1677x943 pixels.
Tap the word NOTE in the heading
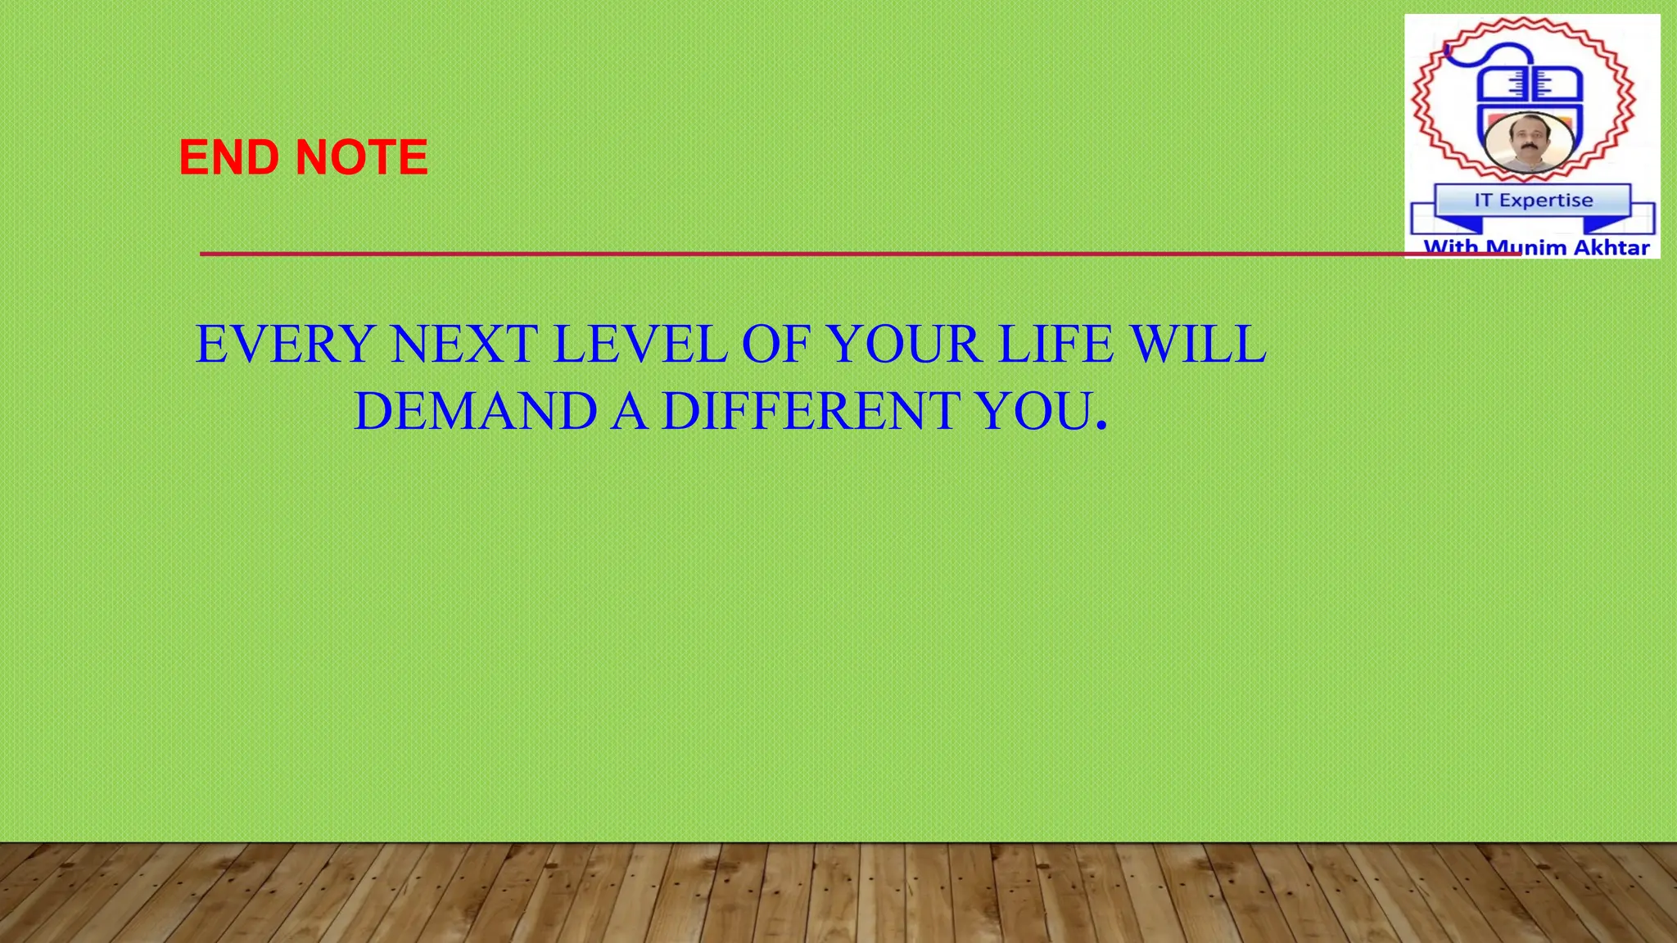point(361,157)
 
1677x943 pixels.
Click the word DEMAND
point(475,411)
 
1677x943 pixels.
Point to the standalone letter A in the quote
point(630,411)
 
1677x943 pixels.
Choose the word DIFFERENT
point(811,411)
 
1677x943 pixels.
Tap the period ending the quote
point(1101,426)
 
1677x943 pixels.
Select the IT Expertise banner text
point(1533,201)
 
